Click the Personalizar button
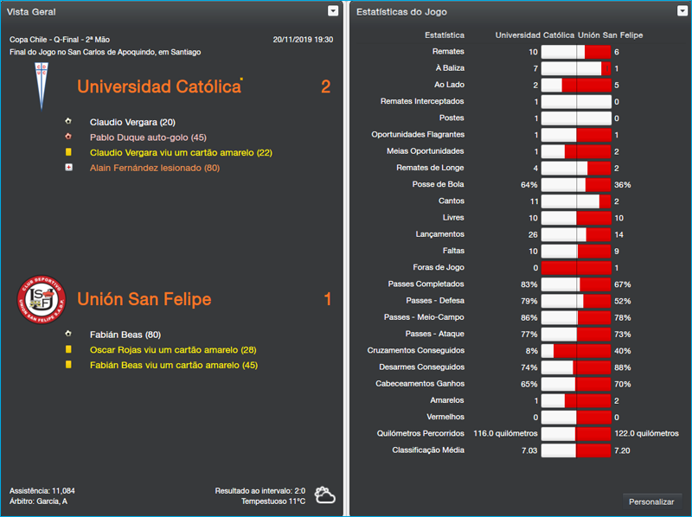click(x=651, y=501)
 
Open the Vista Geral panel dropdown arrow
click(x=333, y=11)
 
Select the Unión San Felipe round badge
click(x=39, y=299)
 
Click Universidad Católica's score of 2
click(x=325, y=86)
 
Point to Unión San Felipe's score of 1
click(x=327, y=299)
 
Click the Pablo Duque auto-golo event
click(x=147, y=137)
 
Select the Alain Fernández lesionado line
click(x=154, y=168)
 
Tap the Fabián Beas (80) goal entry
click(x=125, y=335)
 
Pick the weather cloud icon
click(x=325, y=495)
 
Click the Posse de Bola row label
click(x=439, y=184)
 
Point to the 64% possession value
click(x=529, y=185)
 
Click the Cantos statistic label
click(x=452, y=201)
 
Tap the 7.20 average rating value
click(x=623, y=450)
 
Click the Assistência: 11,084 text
click(x=42, y=490)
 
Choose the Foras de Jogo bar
click(x=575, y=267)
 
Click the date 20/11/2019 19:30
click(x=302, y=40)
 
